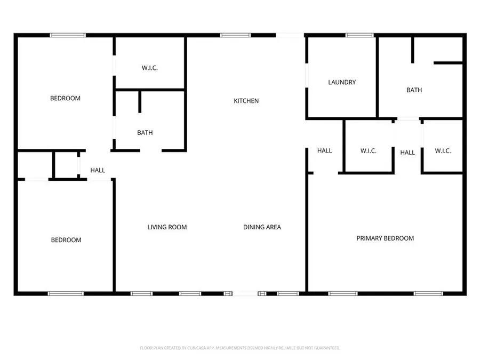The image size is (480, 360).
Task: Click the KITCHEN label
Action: click(x=246, y=101)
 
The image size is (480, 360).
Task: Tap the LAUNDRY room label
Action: click(x=342, y=82)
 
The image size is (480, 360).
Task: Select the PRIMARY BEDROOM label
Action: click(x=385, y=238)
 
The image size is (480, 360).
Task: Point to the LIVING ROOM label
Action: click(x=167, y=227)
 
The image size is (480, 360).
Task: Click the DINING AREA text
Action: click(x=262, y=227)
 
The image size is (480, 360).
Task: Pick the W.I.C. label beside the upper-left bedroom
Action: click(x=150, y=68)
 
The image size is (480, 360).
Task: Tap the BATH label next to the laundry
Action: click(x=414, y=90)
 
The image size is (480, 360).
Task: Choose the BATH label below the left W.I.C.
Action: click(x=145, y=133)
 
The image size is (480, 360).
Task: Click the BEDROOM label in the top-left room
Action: click(x=65, y=98)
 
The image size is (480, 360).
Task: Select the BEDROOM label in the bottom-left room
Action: click(x=66, y=240)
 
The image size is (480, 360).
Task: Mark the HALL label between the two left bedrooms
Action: click(x=98, y=170)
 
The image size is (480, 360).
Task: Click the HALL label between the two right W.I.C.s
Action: click(x=407, y=153)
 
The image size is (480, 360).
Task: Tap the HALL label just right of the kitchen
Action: click(x=324, y=151)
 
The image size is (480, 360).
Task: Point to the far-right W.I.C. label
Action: click(x=443, y=151)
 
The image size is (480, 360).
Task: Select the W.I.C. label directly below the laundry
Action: click(x=369, y=151)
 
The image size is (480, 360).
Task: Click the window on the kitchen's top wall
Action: click(x=235, y=35)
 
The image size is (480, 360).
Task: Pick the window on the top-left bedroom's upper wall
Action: click(x=67, y=35)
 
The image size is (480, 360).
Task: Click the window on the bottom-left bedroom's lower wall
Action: click(x=66, y=293)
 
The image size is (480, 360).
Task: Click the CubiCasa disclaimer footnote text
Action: click(x=240, y=348)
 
